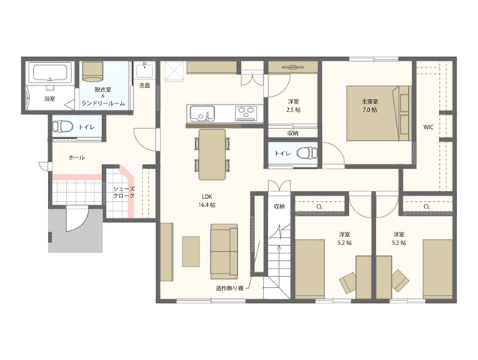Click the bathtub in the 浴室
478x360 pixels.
coord(50,73)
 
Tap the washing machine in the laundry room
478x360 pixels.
coord(92,71)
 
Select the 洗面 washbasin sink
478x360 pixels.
coord(145,70)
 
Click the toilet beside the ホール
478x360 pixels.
coord(62,126)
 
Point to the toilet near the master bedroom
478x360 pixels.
coord(307,153)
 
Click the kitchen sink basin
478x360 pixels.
coord(202,113)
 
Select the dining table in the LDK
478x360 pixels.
coord(212,154)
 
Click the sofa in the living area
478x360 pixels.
coord(224,251)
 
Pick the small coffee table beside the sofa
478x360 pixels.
coord(191,251)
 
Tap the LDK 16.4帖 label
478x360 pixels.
coord(207,201)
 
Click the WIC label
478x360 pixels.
coord(428,127)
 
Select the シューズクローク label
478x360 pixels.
coord(124,192)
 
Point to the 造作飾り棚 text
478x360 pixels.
coord(230,289)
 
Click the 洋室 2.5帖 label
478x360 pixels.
coord(293,106)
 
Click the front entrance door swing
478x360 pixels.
coord(77,219)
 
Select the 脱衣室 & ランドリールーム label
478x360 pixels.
coord(103,97)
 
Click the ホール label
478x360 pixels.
coord(77,157)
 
